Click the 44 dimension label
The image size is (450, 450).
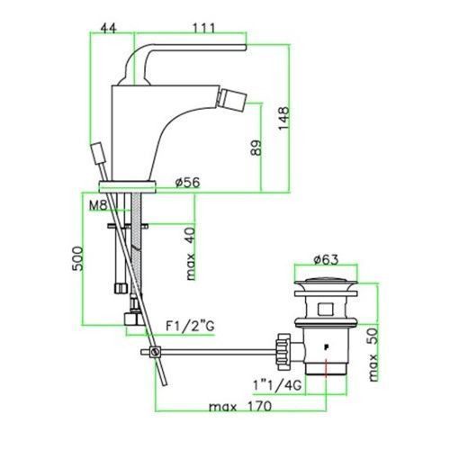click(x=108, y=29)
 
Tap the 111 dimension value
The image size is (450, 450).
click(x=203, y=29)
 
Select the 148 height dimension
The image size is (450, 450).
click(x=283, y=118)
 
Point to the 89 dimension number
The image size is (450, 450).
click(x=256, y=148)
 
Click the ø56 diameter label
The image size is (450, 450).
click(x=188, y=182)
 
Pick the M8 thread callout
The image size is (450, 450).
click(x=98, y=205)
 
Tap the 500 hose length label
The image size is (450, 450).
click(x=77, y=258)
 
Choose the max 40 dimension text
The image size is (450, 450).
click(x=191, y=254)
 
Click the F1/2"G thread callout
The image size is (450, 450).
click(x=190, y=326)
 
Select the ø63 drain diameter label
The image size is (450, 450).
click(x=326, y=259)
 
